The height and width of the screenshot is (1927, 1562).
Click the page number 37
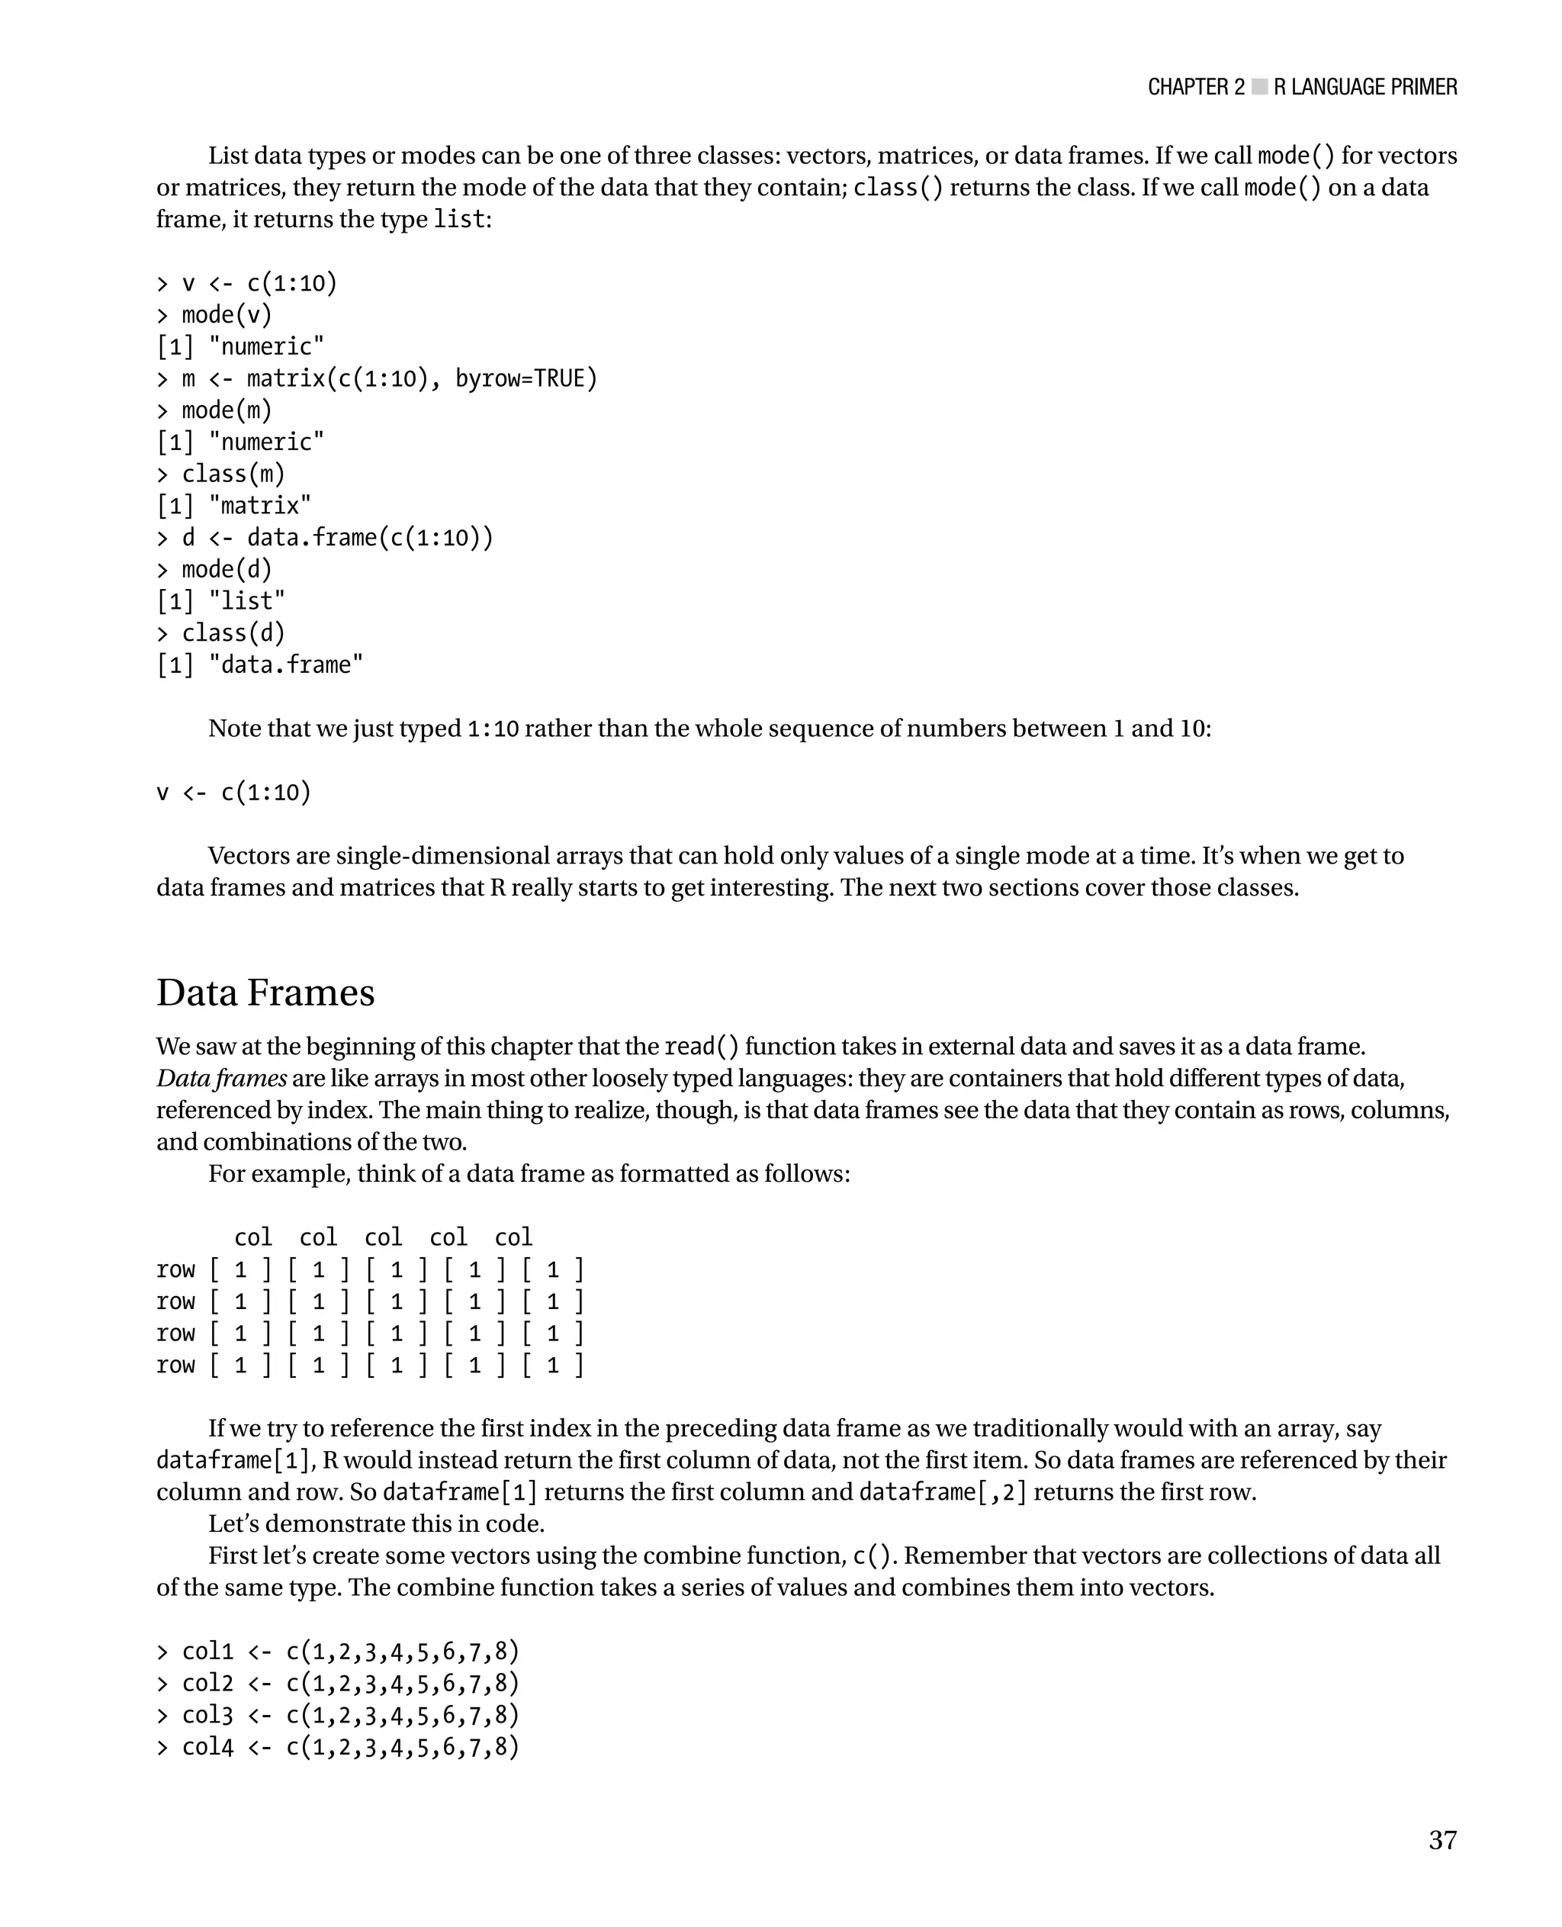[1441, 1840]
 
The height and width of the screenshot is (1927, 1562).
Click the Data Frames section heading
[265, 992]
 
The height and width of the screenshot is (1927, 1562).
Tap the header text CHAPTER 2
[1196, 87]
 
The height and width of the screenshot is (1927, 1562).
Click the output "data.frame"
[285, 664]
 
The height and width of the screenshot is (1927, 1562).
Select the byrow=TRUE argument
[525, 378]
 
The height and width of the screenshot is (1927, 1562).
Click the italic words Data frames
[221, 1077]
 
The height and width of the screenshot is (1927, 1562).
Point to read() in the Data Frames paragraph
[701, 1047]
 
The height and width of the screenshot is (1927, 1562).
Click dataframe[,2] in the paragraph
[942, 1491]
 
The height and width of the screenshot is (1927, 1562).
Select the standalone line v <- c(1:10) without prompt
[234, 792]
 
